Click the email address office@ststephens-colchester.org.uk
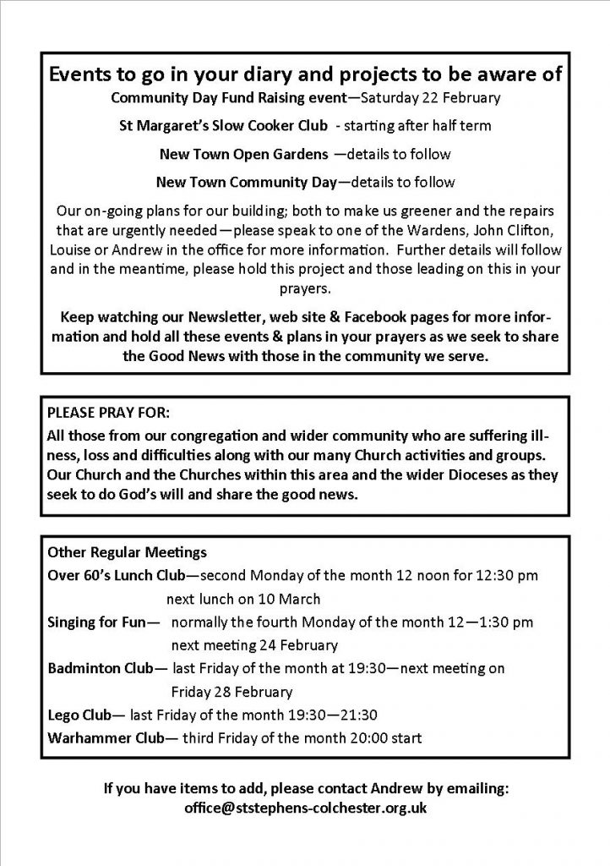point(305,808)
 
